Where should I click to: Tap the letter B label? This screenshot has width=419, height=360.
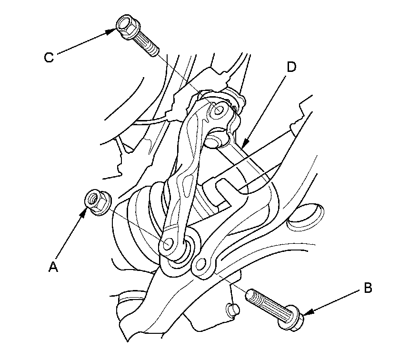[368, 288]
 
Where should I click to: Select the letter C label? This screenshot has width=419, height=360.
[49, 57]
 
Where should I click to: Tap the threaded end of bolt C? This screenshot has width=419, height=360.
[151, 50]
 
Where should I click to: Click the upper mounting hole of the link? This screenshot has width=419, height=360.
[219, 110]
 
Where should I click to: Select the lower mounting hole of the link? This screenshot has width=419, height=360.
[168, 244]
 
